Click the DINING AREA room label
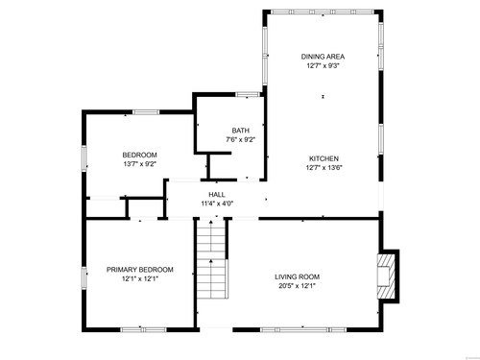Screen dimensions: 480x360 coord(323,57)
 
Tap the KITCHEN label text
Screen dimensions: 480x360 coord(324,158)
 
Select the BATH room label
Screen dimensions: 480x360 coord(241,131)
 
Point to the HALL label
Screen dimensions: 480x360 coord(217,194)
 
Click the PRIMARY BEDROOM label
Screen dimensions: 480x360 coord(140,270)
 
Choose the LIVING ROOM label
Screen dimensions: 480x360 coord(298,276)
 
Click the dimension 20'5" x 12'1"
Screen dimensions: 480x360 coord(298,286)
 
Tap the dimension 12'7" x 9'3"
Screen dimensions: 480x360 coord(323,66)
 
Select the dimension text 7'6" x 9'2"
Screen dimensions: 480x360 coord(241,139)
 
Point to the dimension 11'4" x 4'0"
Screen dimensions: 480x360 coord(217,204)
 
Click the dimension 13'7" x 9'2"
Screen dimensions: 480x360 coord(140,164)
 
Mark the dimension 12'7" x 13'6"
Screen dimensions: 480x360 coord(324,167)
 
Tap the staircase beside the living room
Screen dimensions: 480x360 coord(212,258)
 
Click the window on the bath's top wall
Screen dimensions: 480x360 coord(248,94)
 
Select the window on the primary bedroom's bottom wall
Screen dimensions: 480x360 coord(143,329)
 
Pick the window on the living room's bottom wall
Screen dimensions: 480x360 coord(303,329)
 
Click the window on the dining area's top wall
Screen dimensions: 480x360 coord(323,12)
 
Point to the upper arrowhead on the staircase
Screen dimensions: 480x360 coord(211,222)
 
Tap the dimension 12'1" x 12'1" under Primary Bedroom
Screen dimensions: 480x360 coord(140,278)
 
